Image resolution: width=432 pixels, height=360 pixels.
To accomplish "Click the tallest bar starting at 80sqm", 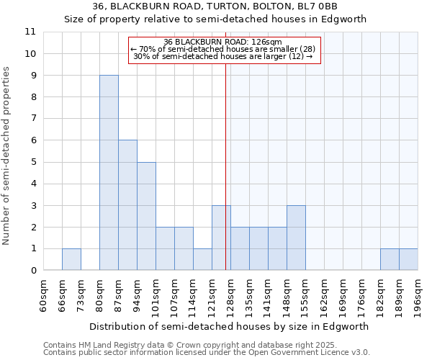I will pos(109,173).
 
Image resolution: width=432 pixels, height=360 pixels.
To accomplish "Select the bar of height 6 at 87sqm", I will pos(127,205).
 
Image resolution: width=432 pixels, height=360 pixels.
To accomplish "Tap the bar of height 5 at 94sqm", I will pos(146,216).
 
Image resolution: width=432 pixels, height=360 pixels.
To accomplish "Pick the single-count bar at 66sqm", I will pos(71,259).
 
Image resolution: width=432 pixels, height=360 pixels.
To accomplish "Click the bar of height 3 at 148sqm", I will pos(296,238).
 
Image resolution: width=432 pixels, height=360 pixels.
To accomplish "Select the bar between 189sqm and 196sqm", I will pos(408,259).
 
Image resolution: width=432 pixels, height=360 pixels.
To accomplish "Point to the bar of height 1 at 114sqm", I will pos(202,259).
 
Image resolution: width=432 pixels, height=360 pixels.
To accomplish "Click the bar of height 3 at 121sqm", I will pos(221,238).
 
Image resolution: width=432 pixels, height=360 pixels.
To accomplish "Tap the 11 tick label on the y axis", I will pos(30,32).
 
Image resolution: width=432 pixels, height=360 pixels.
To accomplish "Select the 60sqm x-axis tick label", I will pos(44,295).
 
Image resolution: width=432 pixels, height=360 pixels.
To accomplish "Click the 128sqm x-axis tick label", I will pos(231,295).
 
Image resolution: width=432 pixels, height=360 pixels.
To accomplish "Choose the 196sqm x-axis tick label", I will pos(418,295).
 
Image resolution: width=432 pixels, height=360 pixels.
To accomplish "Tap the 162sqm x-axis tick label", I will pos(325,295).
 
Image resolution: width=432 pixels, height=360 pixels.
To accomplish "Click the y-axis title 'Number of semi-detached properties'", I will pos(7,156).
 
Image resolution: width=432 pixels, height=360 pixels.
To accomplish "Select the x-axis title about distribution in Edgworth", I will pos(230,326).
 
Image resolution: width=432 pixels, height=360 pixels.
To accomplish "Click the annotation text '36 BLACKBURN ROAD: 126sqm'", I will pos(222,42).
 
